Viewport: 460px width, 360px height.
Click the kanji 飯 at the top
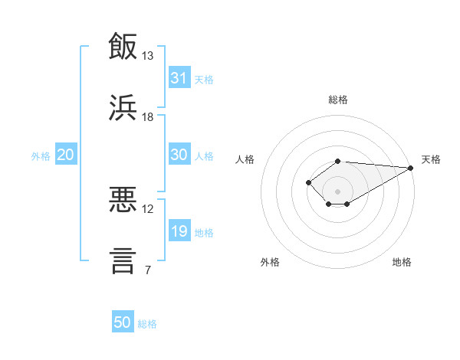[x=123, y=46]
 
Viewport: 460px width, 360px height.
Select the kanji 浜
[x=123, y=107]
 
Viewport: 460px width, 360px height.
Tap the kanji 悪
[x=123, y=199]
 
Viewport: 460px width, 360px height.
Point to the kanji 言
[x=123, y=261]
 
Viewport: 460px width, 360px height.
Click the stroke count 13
[x=147, y=56]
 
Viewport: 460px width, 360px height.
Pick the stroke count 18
[x=147, y=117]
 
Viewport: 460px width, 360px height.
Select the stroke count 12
[x=147, y=209]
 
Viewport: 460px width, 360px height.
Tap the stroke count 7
[x=148, y=270]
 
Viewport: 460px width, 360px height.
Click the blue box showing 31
[x=179, y=77]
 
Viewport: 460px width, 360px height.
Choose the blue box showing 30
[x=179, y=154]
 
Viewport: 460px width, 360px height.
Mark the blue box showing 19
[x=179, y=230]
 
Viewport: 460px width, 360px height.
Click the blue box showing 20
[x=66, y=154]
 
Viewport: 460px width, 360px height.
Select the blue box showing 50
[x=123, y=321]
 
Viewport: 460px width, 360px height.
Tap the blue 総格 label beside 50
[x=147, y=324]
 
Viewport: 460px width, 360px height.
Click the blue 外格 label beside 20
[x=41, y=156]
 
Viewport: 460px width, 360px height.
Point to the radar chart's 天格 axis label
[x=431, y=159]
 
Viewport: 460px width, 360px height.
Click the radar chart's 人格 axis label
[x=245, y=159]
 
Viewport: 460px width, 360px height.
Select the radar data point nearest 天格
[x=411, y=168]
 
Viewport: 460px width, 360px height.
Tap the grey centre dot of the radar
[x=337, y=191]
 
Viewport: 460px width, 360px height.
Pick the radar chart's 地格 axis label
[x=402, y=262]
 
